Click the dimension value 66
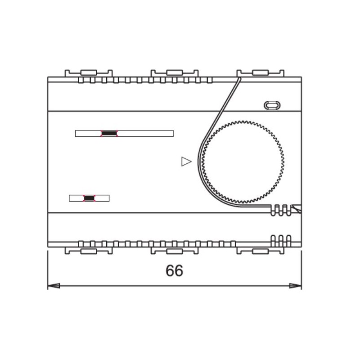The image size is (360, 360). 174,270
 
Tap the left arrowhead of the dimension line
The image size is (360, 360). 54,286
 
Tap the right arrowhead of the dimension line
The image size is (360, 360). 295,286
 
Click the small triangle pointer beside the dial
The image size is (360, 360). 186,162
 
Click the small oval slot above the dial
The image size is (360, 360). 272,105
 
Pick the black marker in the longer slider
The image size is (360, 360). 109,133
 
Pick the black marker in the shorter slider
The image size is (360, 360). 89,198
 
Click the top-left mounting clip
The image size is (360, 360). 89,73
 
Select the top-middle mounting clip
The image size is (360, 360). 175,73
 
